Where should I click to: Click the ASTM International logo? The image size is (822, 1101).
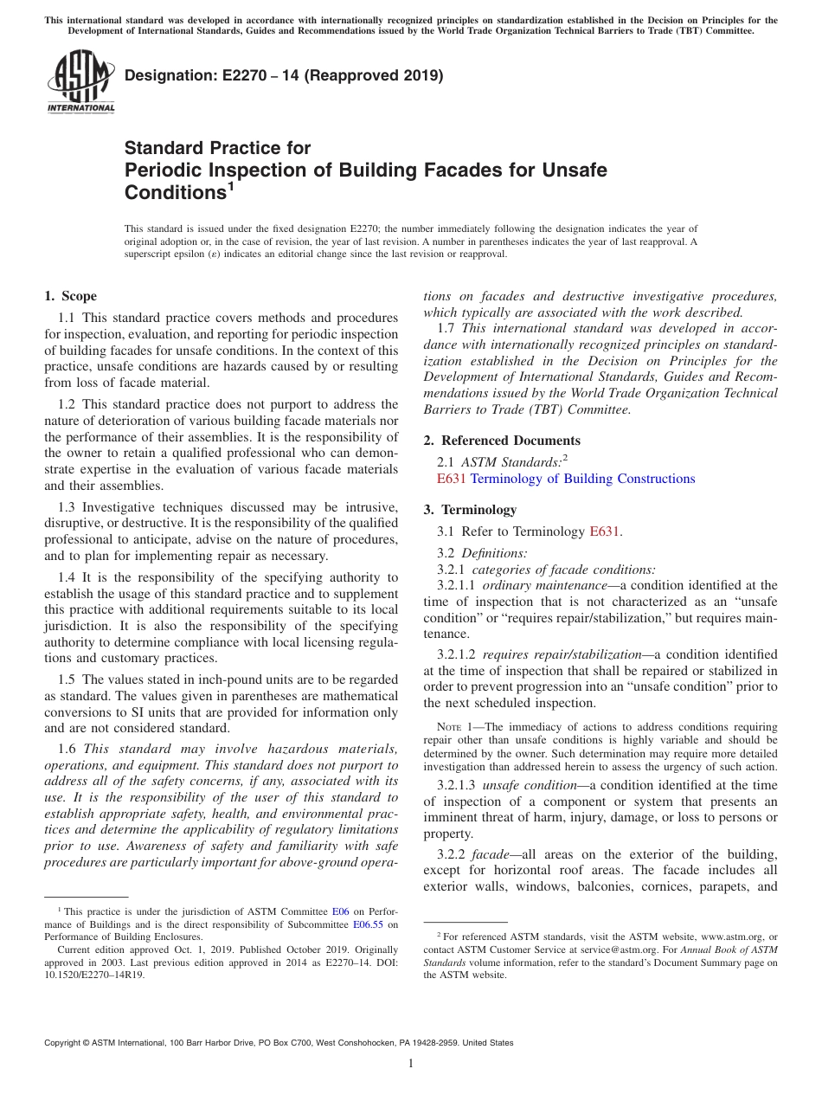[80, 83]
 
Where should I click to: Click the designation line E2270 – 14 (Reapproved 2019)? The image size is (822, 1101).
[284, 75]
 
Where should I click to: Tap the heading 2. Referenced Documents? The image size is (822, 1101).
[502, 441]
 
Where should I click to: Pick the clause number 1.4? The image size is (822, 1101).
[67, 577]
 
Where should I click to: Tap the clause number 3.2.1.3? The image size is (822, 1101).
[458, 785]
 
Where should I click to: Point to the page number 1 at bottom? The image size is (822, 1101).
[411, 1064]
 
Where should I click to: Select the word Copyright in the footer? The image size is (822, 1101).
[66, 1043]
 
